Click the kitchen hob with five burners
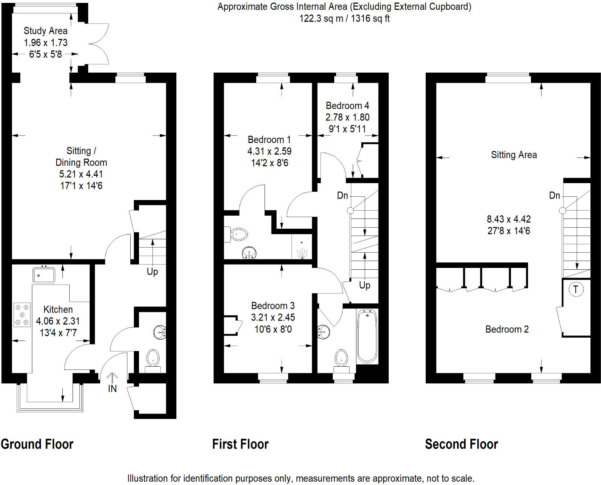coord(22,315)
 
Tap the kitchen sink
coord(44,275)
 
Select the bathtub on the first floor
coord(367,336)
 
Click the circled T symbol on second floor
coord(576,289)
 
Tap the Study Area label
coord(45,31)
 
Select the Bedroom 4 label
coord(347,106)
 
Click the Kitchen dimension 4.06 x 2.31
coord(58,321)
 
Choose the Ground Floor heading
coord(37,444)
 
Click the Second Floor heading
coord(461,444)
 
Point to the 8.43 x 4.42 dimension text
coord(508,219)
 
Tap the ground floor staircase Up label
coord(152,272)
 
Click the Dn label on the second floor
coord(555,196)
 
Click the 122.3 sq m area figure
coord(321,19)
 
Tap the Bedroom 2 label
coord(507,329)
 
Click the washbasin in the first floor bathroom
coord(323,331)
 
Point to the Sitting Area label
coord(514,155)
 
